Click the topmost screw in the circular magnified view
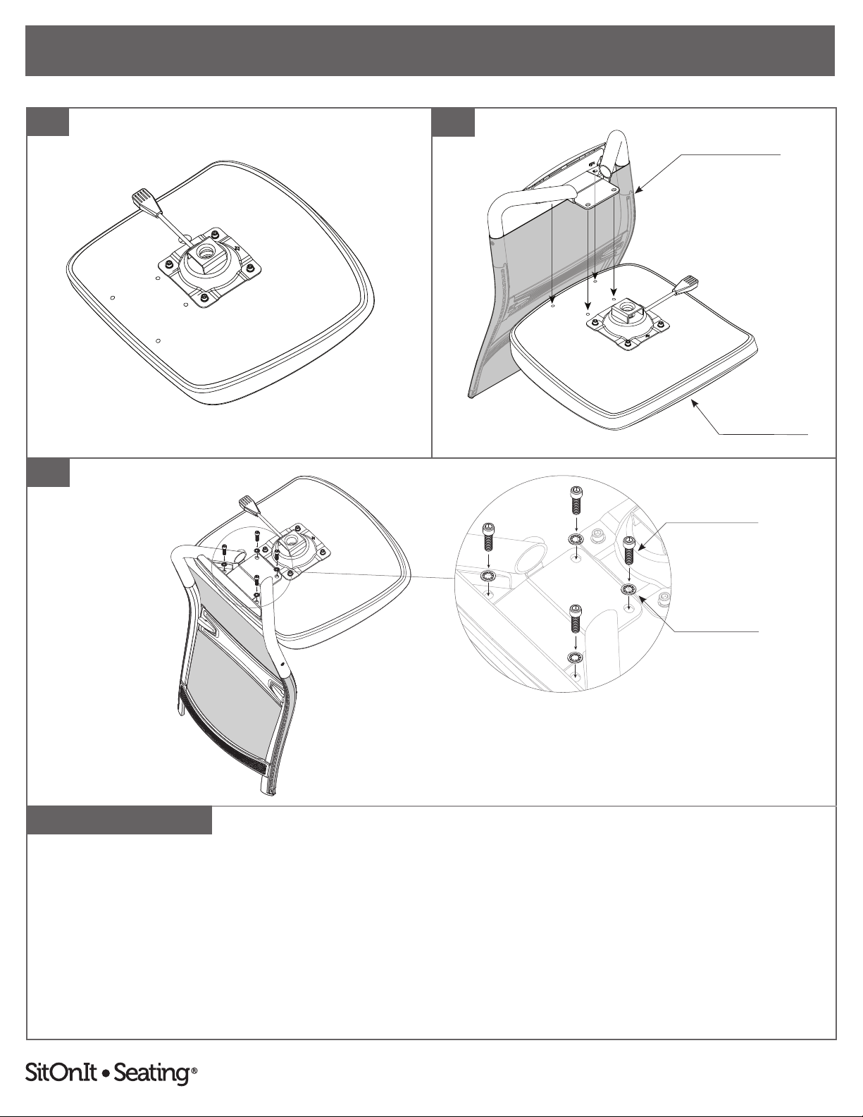click(576, 500)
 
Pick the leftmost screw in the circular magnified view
click(488, 537)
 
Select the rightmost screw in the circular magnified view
click(629, 550)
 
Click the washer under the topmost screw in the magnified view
click(576, 539)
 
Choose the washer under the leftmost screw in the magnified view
click(488, 576)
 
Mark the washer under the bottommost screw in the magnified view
click(576, 658)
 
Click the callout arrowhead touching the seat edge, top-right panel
click(695, 404)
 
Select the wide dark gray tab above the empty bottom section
click(119, 820)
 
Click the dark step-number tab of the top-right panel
click(453, 123)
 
